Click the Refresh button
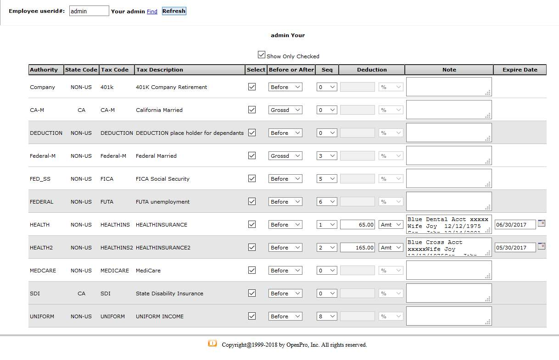coord(174,11)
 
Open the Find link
coord(152,11)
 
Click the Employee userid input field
coord(89,11)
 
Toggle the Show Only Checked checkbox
coord(262,55)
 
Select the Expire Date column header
coord(520,70)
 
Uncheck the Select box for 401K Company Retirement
coord(252,87)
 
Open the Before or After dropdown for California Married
coord(285,110)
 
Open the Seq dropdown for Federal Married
coord(327,156)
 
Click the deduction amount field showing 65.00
coord(358,225)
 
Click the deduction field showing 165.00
coord(358,248)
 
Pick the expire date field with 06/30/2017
coord(515,225)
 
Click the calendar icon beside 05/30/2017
coord(542,246)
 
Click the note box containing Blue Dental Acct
coord(448,224)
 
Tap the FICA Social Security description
coord(162,179)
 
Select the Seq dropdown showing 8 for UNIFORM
coord(327,316)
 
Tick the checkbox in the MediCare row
coord(252,270)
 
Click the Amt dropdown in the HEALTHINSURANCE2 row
coord(391,248)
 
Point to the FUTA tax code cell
coord(107,202)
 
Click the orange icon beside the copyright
coord(212,343)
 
